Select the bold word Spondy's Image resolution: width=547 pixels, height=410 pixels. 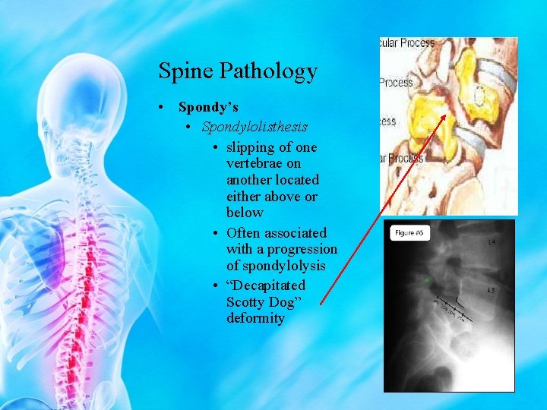(x=208, y=108)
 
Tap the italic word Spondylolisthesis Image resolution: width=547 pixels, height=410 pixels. (x=255, y=126)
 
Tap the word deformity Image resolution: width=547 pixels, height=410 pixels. (x=255, y=318)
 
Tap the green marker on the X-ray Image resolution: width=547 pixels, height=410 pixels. (x=428, y=281)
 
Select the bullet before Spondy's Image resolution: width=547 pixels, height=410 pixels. (x=163, y=108)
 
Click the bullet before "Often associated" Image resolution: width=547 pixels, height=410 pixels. (x=217, y=232)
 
